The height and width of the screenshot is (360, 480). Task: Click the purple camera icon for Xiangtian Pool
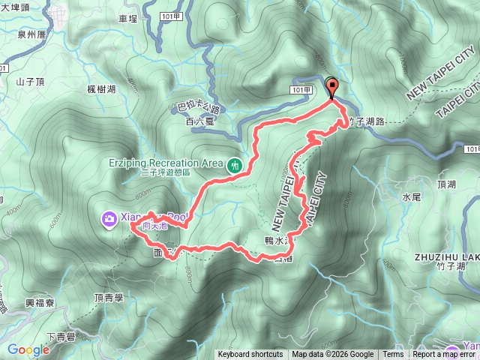[x=109, y=218]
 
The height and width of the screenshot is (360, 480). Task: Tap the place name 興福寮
[x=38, y=303]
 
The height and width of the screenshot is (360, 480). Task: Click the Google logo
[x=28, y=349]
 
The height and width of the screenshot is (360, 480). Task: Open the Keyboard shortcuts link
[x=250, y=355]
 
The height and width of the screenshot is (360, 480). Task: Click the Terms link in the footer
[x=393, y=355]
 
